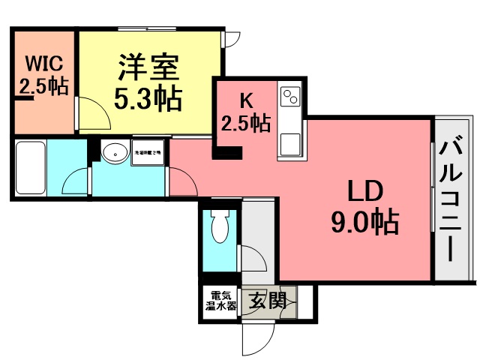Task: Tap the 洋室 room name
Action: tap(148, 68)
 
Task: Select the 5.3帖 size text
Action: tap(148, 98)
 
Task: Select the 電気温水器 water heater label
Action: tap(220, 301)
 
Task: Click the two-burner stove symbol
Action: tap(289, 97)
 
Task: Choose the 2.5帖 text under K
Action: tap(245, 122)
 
